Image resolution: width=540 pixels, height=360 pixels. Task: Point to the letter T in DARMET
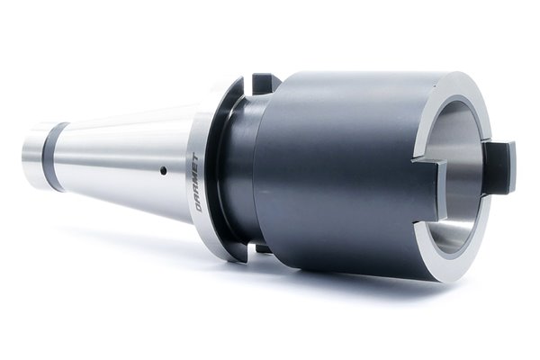click(x=196, y=158)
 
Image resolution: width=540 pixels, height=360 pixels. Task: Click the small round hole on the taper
click(x=164, y=169)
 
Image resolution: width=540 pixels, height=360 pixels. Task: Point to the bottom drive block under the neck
click(x=263, y=248)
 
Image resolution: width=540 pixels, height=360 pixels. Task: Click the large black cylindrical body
click(x=337, y=172)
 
